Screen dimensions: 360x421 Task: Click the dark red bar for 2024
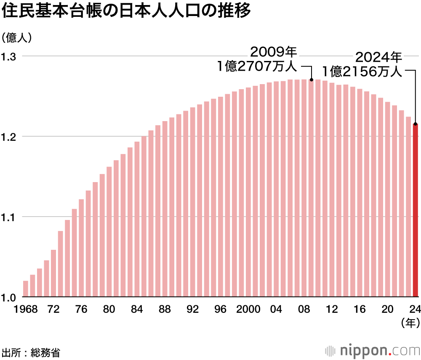[x=416, y=210]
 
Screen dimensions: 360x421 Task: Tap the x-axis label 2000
[x=248, y=309]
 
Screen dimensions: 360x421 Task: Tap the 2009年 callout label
[x=274, y=52]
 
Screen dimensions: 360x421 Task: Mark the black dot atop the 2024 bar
[x=416, y=124]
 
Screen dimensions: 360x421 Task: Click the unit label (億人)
[x=17, y=37]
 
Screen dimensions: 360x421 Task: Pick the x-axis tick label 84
[x=136, y=309]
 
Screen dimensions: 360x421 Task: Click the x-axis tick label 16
[x=360, y=309]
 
